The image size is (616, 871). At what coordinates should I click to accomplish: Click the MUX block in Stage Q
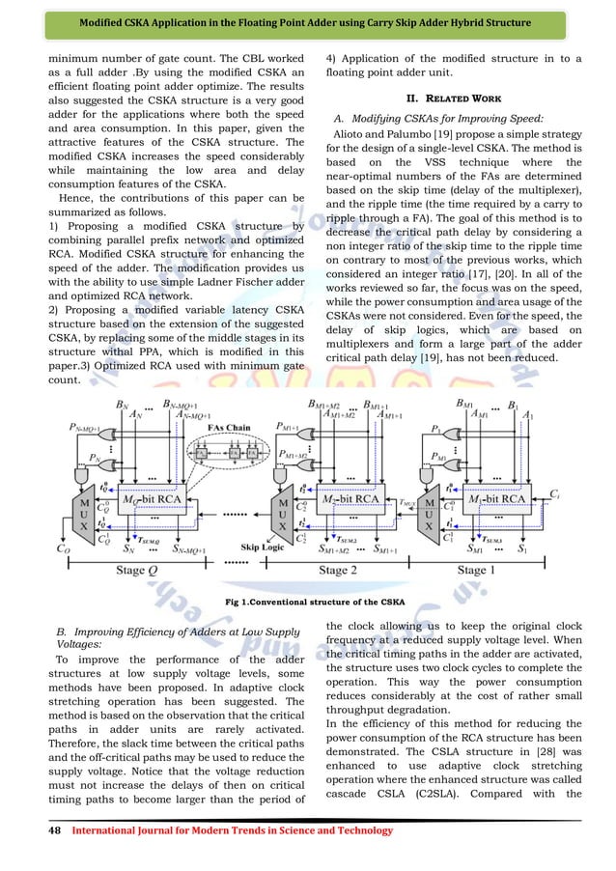84,518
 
